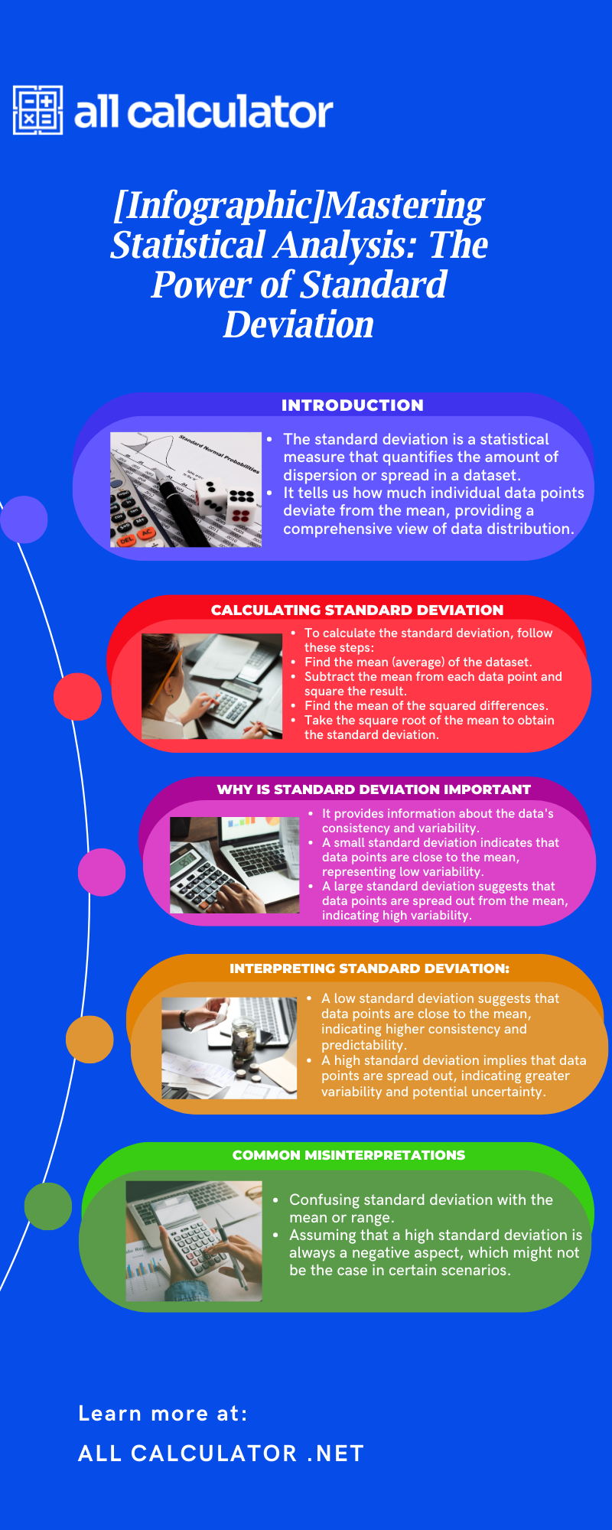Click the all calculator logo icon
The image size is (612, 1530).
click(x=37, y=110)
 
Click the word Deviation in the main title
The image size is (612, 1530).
click(x=298, y=324)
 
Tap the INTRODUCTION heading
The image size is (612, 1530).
click(x=352, y=405)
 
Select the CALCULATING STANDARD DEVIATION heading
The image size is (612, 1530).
click(x=357, y=610)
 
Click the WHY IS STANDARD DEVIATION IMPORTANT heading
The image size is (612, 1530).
click(x=373, y=789)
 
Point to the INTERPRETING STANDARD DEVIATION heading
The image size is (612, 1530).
click(x=369, y=968)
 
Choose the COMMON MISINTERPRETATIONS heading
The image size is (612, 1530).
click(x=348, y=1155)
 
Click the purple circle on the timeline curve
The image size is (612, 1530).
click(x=24, y=519)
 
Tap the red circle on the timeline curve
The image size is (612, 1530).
click(x=77, y=696)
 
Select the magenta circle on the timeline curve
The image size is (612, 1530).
click(x=102, y=872)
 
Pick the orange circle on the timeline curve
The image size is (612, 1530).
click(x=90, y=1039)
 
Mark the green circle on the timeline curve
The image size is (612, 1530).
click(x=48, y=1206)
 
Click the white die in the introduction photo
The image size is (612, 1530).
click(x=211, y=498)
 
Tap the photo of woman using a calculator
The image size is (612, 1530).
click(x=212, y=686)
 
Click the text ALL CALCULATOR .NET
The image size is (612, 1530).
click(x=221, y=1453)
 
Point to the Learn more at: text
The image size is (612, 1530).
click(x=163, y=1414)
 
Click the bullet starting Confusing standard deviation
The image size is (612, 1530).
click(x=420, y=1209)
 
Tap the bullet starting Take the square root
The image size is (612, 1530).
click(x=428, y=728)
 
